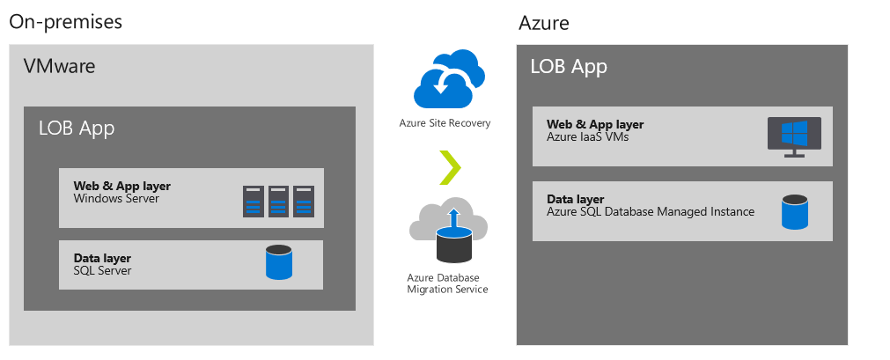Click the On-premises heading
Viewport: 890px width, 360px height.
[65, 22]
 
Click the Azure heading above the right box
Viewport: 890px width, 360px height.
[543, 23]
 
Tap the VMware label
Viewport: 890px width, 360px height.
[60, 67]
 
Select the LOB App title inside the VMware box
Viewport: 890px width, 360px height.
[77, 129]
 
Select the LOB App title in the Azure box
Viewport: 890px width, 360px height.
[569, 67]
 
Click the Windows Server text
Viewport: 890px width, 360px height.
[115, 199]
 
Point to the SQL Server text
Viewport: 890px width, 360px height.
[102, 270]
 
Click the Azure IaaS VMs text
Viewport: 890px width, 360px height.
[588, 136]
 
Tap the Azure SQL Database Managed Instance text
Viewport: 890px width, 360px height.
[651, 211]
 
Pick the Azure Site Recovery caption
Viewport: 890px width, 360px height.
[445, 123]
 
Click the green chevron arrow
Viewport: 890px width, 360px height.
[450, 166]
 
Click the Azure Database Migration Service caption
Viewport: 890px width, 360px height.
[447, 283]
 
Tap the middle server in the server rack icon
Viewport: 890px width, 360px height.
[279, 201]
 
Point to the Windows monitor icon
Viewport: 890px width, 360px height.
[794, 136]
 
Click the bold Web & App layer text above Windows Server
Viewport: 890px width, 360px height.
[122, 186]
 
